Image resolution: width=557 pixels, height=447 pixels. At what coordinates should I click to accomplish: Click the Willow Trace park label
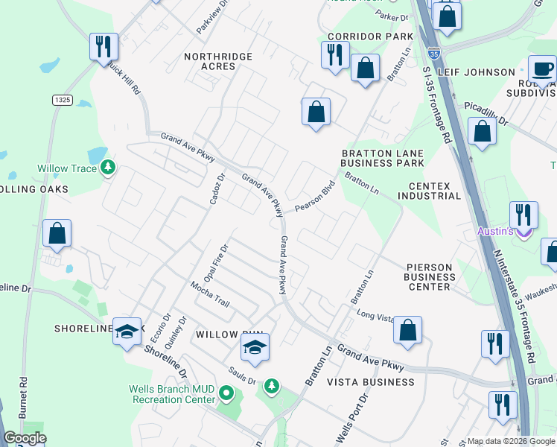pyautogui.click(x=68, y=168)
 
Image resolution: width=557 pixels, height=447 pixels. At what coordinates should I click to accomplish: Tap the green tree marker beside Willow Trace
pyautogui.click(x=109, y=167)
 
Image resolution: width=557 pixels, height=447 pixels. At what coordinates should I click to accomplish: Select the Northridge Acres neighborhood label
pyautogui.click(x=209, y=60)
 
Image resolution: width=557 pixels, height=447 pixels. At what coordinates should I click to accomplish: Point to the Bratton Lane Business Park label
pyautogui.click(x=382, y=158)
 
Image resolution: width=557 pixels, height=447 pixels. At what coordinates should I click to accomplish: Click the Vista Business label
pyautogui.click(x=371, y=382)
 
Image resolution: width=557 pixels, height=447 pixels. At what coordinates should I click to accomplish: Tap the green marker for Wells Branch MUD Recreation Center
pyautogui.click(x=229, y=393)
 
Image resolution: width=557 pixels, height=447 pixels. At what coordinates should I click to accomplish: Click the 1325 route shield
pyautogui.click(x=62, y=99)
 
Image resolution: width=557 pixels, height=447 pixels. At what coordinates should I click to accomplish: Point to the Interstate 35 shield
pyautogui.click(x=434, y=53)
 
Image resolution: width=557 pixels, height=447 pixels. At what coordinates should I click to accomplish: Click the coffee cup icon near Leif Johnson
pyautogui.click(x=541, y=69)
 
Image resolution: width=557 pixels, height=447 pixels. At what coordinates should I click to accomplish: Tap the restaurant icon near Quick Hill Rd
pyautogui.click(x=103, y=46)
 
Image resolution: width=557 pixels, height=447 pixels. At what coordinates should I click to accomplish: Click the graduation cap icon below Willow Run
pyautogui.click(x=255, y=347)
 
